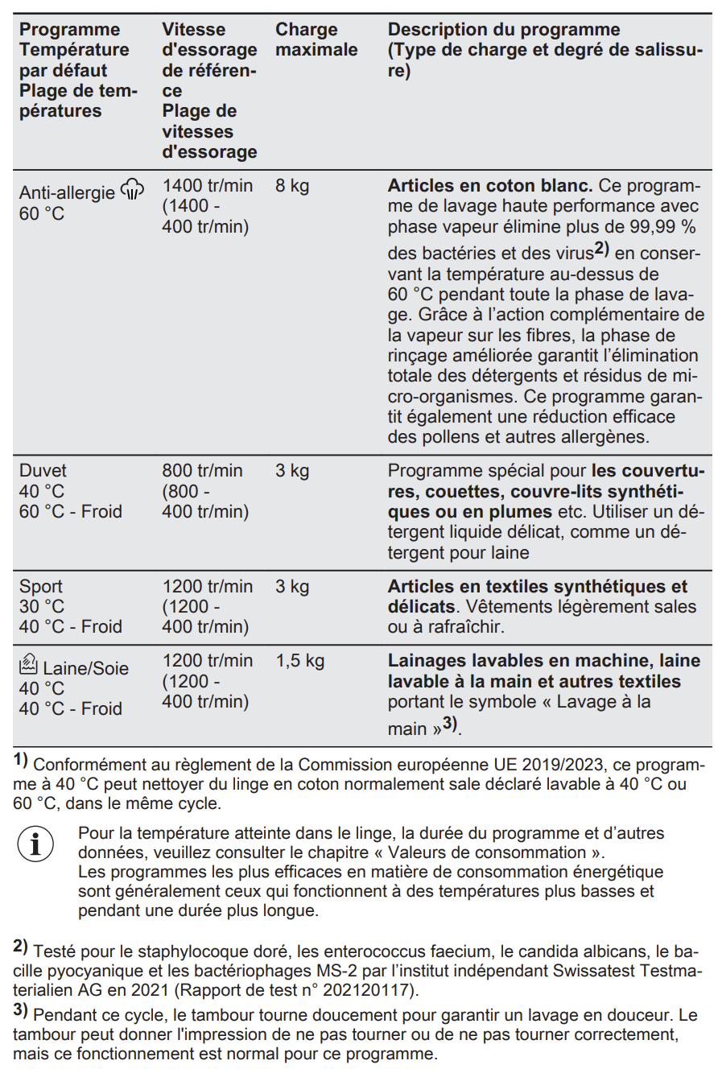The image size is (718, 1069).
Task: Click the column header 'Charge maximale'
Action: tap(316, 40)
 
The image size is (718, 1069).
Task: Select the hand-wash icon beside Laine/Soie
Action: tap(28, 665)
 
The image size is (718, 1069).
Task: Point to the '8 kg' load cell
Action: tap(292, 186)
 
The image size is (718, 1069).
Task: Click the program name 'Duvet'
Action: tap(43, 470)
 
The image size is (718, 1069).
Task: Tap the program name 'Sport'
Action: tap(41, 586)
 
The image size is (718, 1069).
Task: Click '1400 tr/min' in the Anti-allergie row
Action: tap(207, 186)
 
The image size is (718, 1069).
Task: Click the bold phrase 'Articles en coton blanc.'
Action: tap(490, 186)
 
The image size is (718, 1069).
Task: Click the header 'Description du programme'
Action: tap(504, 30)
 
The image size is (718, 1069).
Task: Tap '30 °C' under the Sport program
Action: tap(42, 607)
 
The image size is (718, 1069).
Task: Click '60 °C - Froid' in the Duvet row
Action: tap(71, 511)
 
